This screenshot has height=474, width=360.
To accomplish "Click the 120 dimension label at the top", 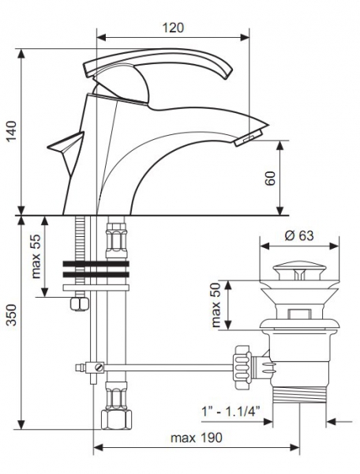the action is tap(173, 28).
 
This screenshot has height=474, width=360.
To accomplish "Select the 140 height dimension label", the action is tap(12, 131).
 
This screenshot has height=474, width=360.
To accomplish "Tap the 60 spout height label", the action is tap(270, 178).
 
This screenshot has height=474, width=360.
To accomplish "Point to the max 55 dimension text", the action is tap(36, 256).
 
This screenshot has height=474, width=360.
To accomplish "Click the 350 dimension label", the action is tap(12, 314).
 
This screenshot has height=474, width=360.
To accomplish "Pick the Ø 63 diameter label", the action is tap(299, 235).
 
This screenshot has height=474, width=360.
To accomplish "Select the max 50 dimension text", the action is tap(216, 306).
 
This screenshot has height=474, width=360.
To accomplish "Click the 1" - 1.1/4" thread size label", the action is tap(231, 412).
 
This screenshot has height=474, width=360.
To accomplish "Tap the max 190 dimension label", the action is tap(197, 438).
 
